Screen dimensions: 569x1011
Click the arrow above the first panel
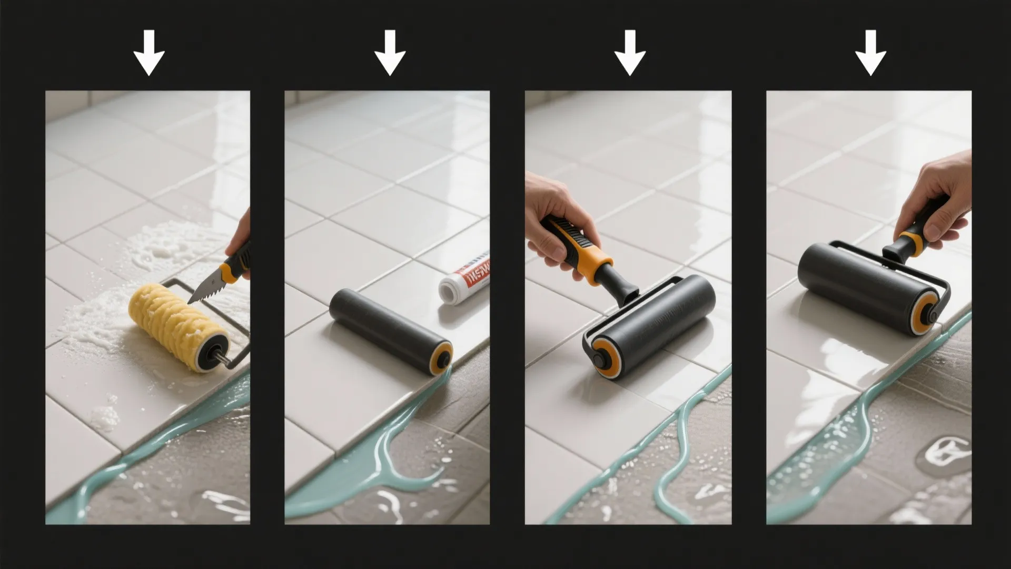click(x=149, y=53)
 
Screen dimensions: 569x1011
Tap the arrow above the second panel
click(x=390, y=53)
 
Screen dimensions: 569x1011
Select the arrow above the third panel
click(x=630, y=53)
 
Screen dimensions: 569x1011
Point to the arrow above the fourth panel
click(x=870, y=53)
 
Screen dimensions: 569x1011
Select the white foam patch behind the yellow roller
click(x=158, y=248)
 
